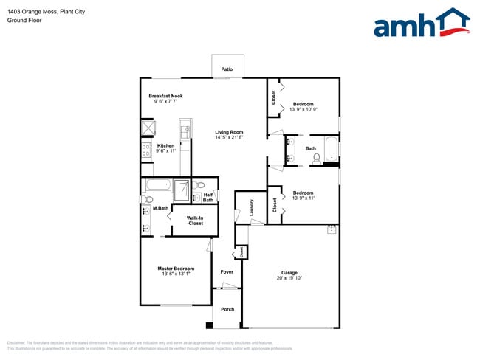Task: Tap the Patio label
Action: click(227, 69)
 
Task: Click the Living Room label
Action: click(229, 132)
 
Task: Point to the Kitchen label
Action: click(166, 145)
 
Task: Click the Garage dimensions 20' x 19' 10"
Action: click(289, 278)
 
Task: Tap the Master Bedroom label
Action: click(176, 268)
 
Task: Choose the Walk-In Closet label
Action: click(195, 220)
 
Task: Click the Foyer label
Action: click(227, 271)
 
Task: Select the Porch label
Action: click(227, 309)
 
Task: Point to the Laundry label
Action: click(251, 207)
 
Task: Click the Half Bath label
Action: click(208, 197)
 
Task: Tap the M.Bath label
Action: click(160, 209)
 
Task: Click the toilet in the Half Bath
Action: click(200, 184)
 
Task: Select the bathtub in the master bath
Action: click(157, 185)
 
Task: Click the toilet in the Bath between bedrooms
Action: click(317, 157)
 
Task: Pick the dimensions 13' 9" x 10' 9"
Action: click(304, 110)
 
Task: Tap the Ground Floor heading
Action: click(24, 21)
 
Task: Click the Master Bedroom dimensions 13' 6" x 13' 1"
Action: click(176, 274)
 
